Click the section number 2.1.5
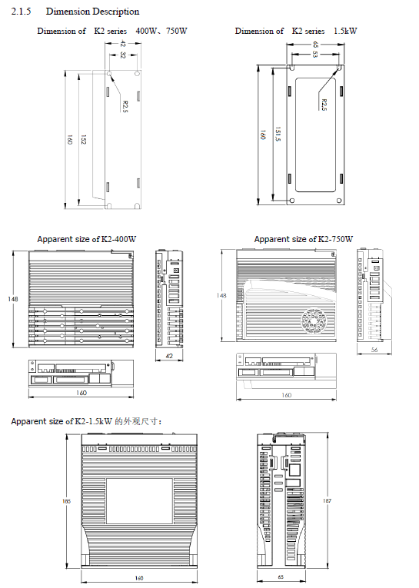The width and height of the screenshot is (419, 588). pos(21,12)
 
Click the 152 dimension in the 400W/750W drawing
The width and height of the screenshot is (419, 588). pos(83,139)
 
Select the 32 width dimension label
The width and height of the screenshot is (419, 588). pos(123,55)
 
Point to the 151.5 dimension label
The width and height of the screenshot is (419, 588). pos(278,134)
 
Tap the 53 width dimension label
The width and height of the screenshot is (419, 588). pos(314,55)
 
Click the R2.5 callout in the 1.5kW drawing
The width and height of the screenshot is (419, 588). pos(324,105)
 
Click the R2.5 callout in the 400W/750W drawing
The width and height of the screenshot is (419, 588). pos(125,107)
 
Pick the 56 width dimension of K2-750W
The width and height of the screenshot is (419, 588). pos(374,350)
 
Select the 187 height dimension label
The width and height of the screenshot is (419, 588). pos(327,500)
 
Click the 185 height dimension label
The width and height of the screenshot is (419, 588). pos(66,501)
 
